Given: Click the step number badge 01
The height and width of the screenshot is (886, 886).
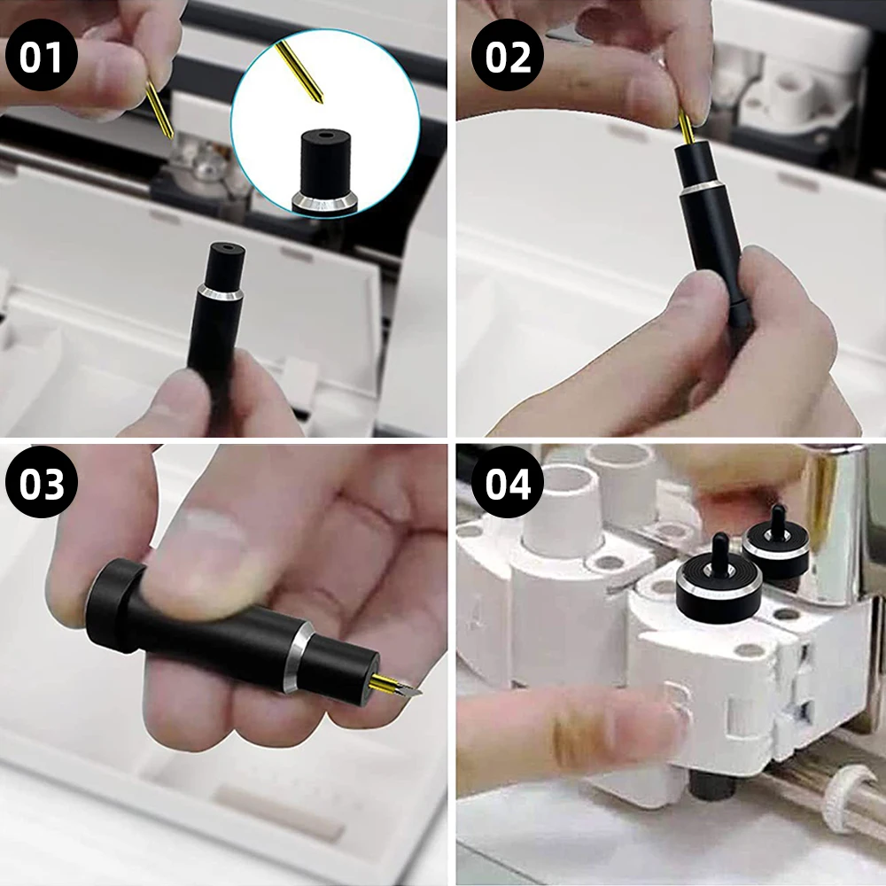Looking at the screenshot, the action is (41, 57).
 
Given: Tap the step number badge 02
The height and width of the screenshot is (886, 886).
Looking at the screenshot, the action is (508, 56).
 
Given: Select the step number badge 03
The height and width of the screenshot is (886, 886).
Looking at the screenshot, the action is (42, 483).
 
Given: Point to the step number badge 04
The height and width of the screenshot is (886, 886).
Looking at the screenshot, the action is (508, 483).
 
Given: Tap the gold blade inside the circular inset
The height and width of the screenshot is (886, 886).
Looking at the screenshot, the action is (299, 73).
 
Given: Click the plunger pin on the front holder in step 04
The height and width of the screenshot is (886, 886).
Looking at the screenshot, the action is (721, 551).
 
